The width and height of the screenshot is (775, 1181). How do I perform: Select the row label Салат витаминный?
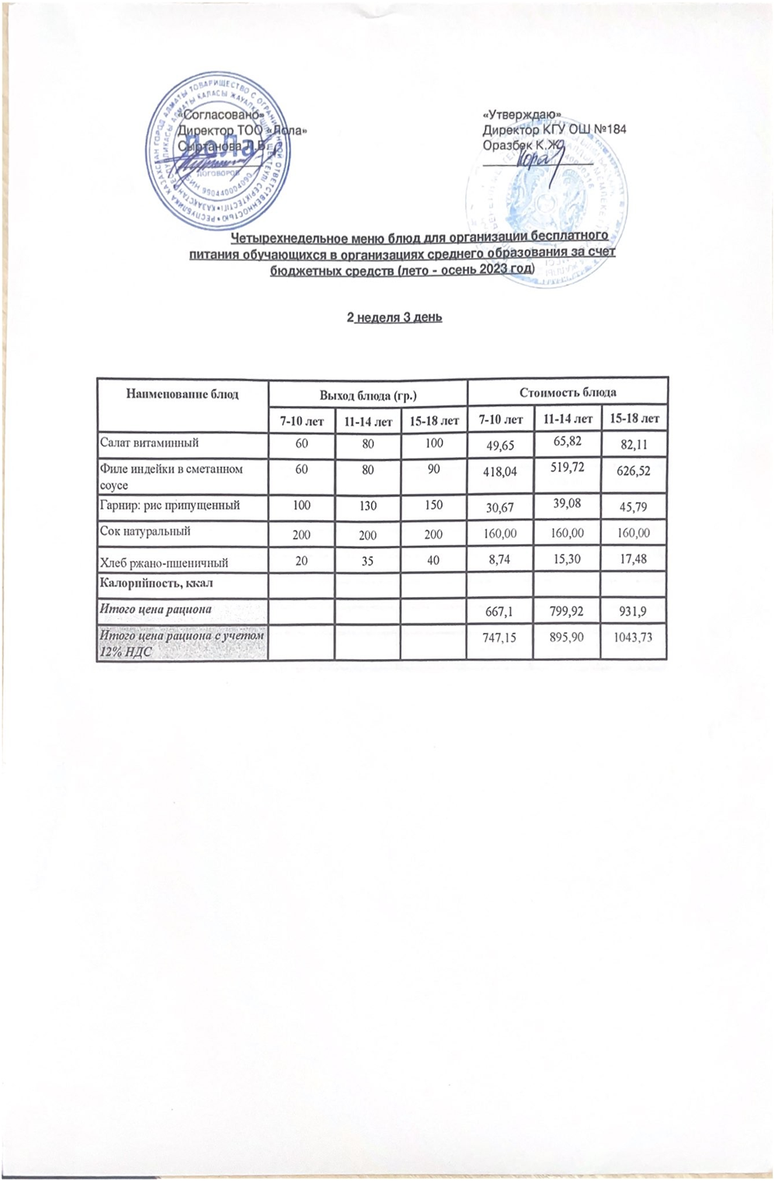tap(150, 443)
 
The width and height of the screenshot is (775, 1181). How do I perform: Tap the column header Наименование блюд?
tap(182, 394)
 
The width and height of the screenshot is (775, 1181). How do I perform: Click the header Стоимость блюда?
tap(568, 392)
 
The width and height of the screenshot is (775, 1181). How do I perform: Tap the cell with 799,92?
tap(567, 611)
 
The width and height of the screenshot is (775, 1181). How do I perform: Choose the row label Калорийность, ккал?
tap(156, 582)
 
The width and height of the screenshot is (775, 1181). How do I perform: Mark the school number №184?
tap(608, 129)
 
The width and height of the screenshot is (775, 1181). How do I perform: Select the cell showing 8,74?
tap(501, 559)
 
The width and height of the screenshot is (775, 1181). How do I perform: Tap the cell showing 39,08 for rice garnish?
tap(567, 505)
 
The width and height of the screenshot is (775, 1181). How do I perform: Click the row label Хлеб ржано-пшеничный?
tap(164, 561)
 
